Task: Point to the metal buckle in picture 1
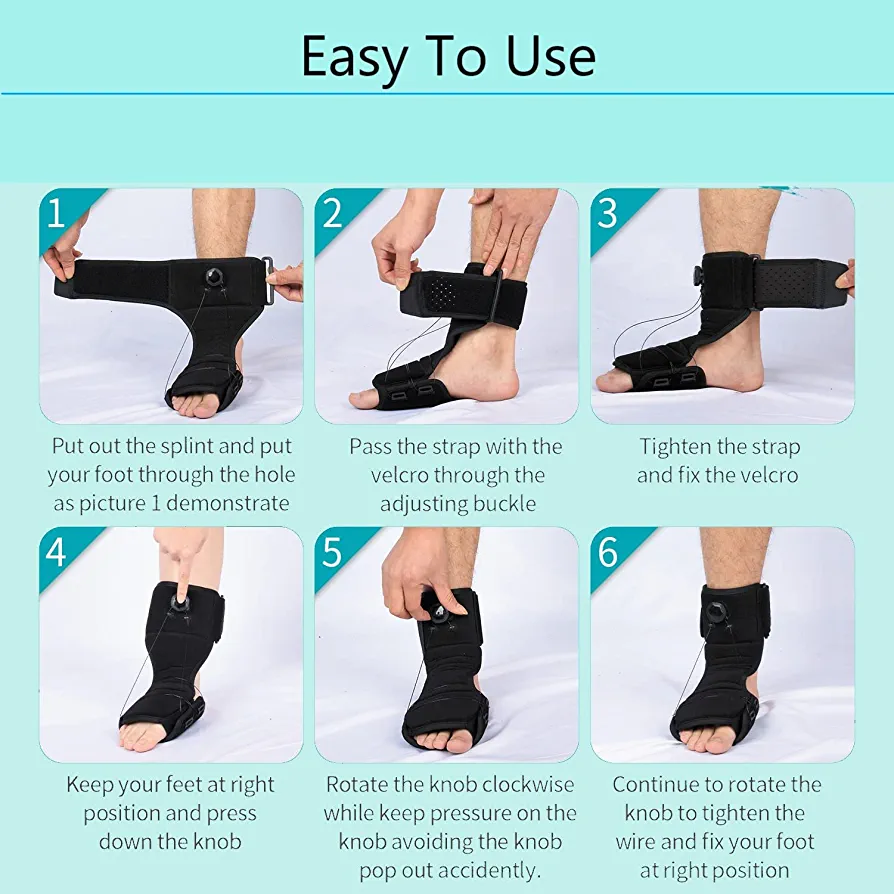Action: [x=268, y=280]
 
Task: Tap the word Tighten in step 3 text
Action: [x=668, y=448]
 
